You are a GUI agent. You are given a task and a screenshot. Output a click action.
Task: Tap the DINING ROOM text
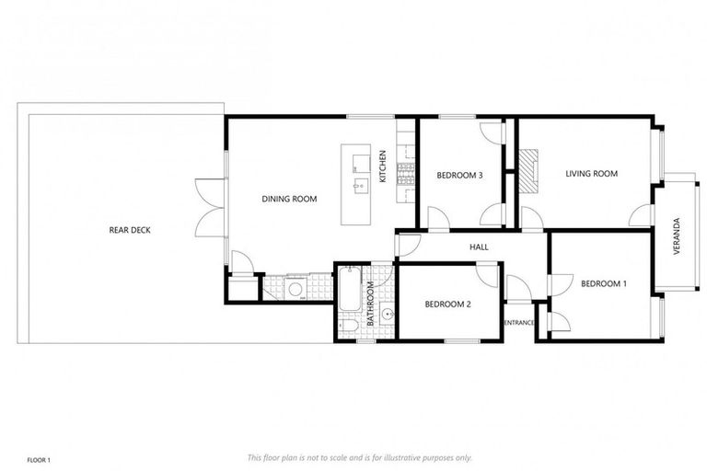[x=289, y=199]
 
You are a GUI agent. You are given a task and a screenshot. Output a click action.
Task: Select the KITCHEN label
[x=383, y=167]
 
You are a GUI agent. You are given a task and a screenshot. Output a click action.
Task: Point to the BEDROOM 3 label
[x=459, y=175]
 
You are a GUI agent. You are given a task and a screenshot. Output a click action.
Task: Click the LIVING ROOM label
[x=590, y=173]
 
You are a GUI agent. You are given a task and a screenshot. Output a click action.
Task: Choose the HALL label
[x=479, y=247]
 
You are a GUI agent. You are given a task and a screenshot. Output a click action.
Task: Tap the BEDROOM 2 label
[x=447, y=304]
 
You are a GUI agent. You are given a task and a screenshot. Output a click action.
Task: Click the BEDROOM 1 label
[x=603, y=283]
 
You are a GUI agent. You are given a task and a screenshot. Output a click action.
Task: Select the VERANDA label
[x=678, y=236]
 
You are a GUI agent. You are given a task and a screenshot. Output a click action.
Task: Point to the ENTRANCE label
[x=519, y=322]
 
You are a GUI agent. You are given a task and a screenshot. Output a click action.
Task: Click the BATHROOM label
[x=371, y=304]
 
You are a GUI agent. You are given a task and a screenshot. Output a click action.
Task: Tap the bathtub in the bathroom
[x=350, y=290]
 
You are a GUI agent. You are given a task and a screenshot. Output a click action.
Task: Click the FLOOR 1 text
[x=38, y=458]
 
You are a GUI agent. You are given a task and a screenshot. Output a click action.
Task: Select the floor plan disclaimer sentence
[x=359, y=457]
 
